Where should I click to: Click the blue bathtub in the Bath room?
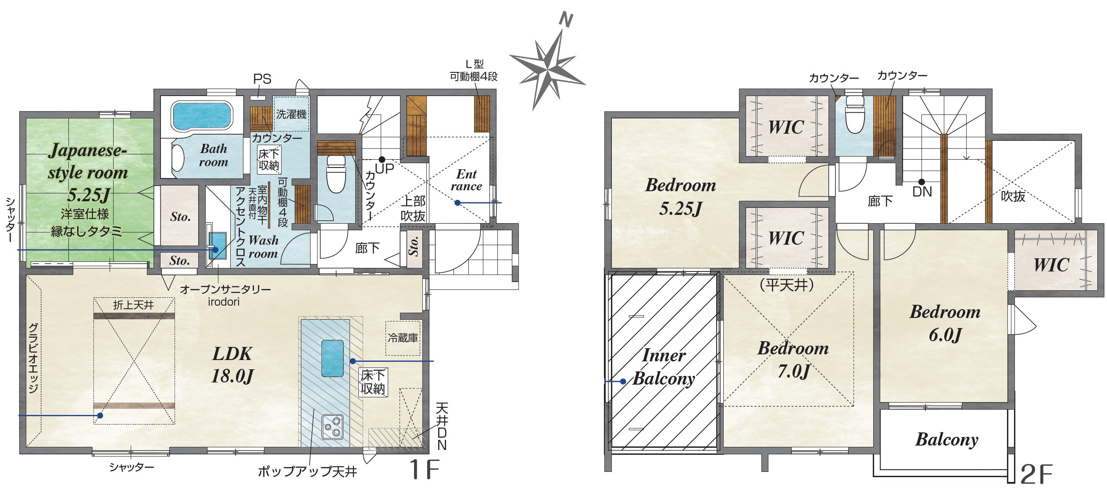(x=202, y=116)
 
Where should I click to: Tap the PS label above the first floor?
(x=262, y=79)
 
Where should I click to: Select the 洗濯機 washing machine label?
(x=291, y=114)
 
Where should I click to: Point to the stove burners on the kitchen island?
(x=332, y=426)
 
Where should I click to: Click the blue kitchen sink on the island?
(x=332, y=358)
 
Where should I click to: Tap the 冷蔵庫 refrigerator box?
(x=403, y=338)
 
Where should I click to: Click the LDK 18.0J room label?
(x=232, y=365)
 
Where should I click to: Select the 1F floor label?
(x=424, y=469)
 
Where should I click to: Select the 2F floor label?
(x=1036, y=474)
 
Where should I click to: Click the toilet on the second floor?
(x=854, y=114)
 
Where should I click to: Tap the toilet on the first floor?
(x=336, y=174)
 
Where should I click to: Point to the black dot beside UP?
(x=382, y=160)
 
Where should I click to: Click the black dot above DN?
(x=921, y=182)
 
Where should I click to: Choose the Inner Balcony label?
(x=664, y=367)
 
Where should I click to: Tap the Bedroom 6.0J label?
(x=945, y=323)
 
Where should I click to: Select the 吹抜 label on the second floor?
(x=1013, y=196)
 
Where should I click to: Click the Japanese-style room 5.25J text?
(x=88, y=172)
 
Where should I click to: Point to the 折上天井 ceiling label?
(x=133, y=305)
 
